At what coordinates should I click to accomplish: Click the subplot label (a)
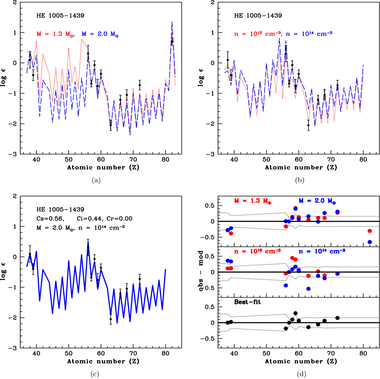tap(95, 180)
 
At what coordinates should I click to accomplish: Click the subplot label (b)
tap(300, 180)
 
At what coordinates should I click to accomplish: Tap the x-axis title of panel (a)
tap(103, 167)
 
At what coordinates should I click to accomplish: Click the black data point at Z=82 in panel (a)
tap(172, 41)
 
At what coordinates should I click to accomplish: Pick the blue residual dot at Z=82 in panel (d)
tap(370, 242)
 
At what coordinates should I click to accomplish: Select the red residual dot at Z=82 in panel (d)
tap(370, 231)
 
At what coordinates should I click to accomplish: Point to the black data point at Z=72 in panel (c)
tap(140, 279)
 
